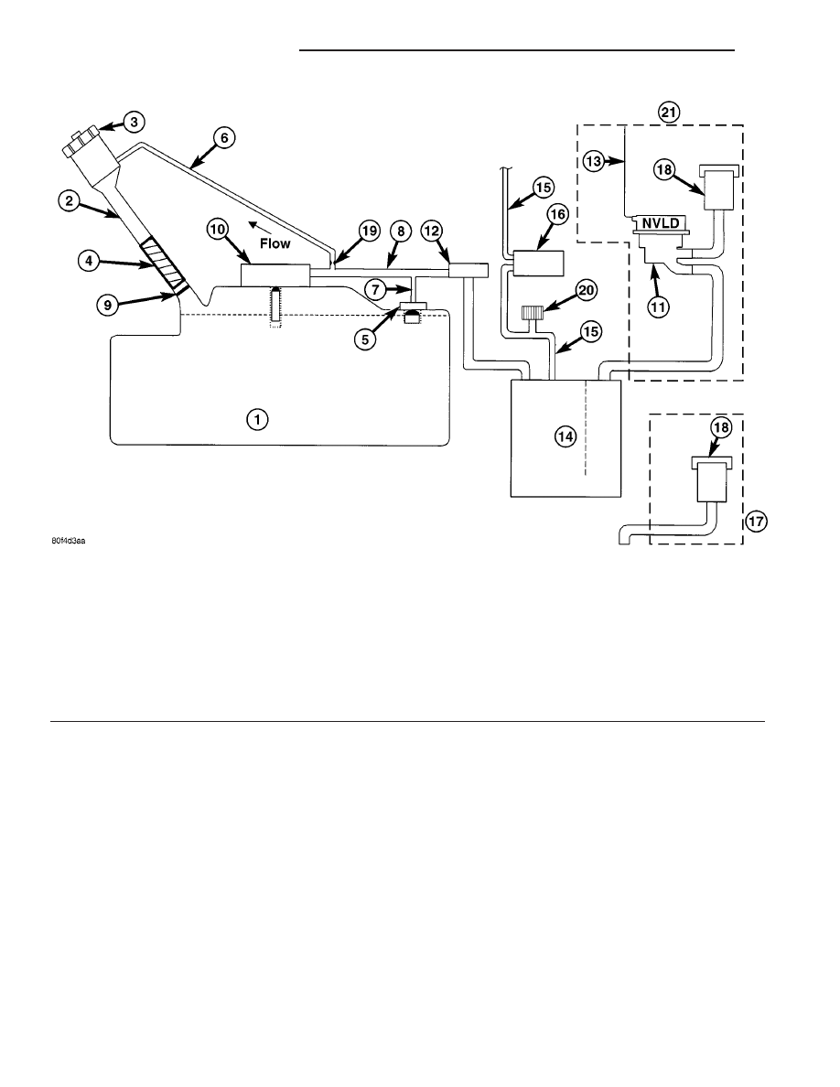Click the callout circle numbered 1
[x=257, y=419]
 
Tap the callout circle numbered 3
[x=134, y=122]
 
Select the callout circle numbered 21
[x=670, y=112]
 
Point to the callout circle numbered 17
[x=756, y=521]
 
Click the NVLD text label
[x=662, y=223]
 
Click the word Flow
[x=275, y=244]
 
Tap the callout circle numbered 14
[x=565, y=436]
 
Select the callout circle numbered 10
[x=218, y=229]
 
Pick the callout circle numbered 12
[x=432, y=231]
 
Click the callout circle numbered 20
[x=587, y=290]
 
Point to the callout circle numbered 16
[x=557, y=214]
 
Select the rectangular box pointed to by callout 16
[x=538, y=264]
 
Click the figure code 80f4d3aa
[x=68, y=541]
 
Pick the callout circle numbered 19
[x=370, y=231]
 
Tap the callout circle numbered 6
[x=224, y=138]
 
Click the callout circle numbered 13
[x=593, y=162]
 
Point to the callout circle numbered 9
[x=107, y=305]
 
